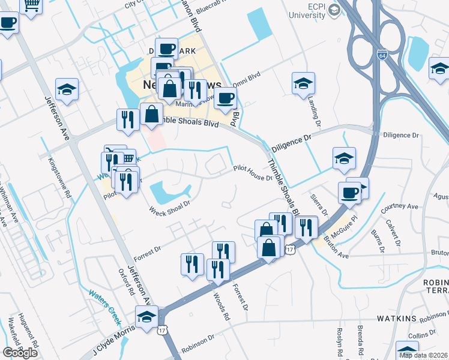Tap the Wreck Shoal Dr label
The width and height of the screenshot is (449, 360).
click(169, 206)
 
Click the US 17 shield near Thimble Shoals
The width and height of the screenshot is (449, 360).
click(291, 248)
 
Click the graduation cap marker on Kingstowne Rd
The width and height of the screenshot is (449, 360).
click(67, 90)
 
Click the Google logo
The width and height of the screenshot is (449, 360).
click(20, 353)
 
